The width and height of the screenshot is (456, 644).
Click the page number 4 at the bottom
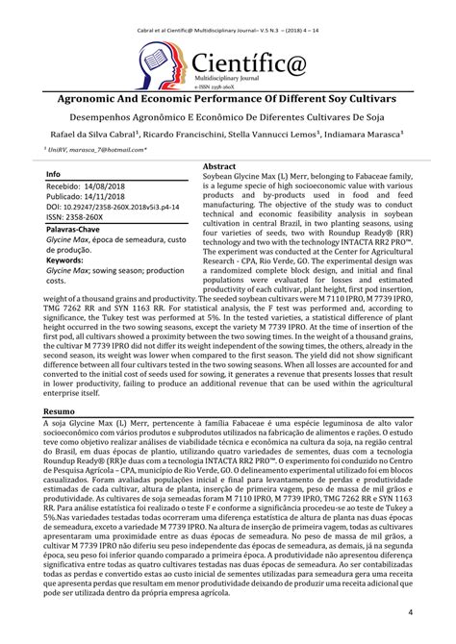pyautogui.click(x=411, y=613)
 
